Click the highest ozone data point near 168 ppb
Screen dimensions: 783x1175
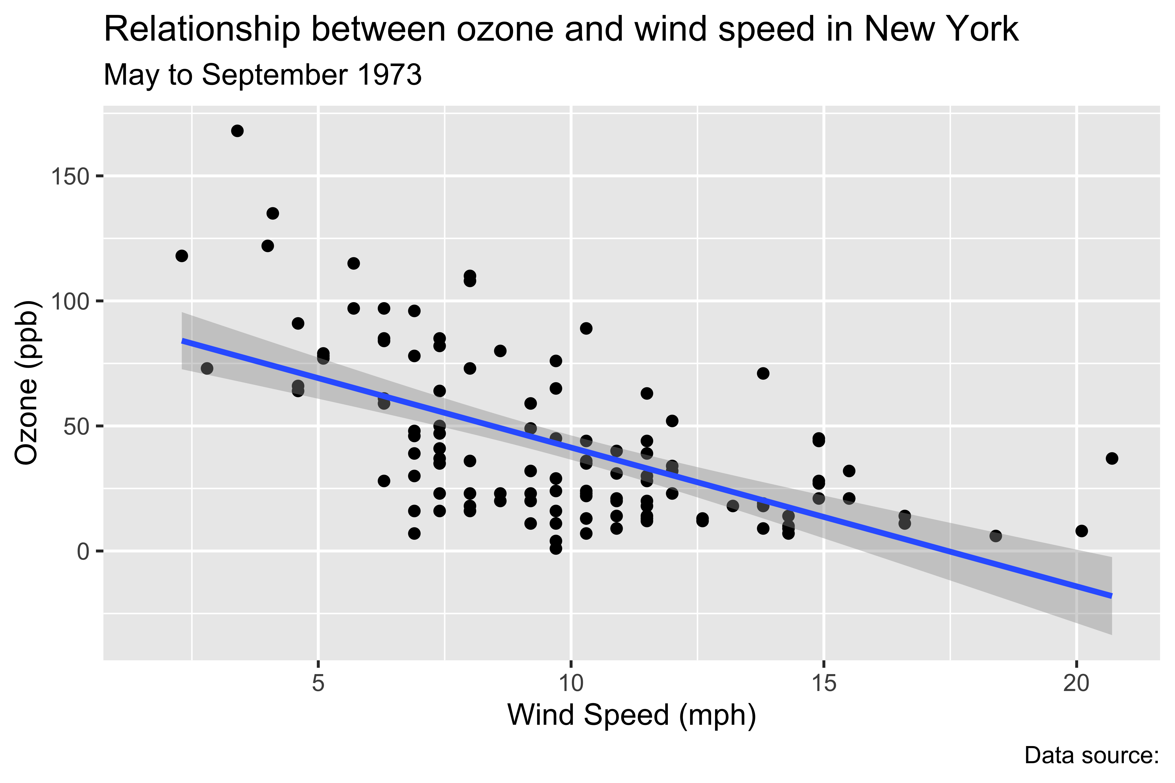(x=237, y=131)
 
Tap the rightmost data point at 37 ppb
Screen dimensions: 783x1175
(x=1112, y=458)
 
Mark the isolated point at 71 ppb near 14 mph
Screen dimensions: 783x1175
(x=763, y=373)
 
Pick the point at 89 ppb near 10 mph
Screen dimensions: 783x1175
(x=586, y=328)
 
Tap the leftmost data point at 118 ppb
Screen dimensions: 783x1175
(x=182, y=256)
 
